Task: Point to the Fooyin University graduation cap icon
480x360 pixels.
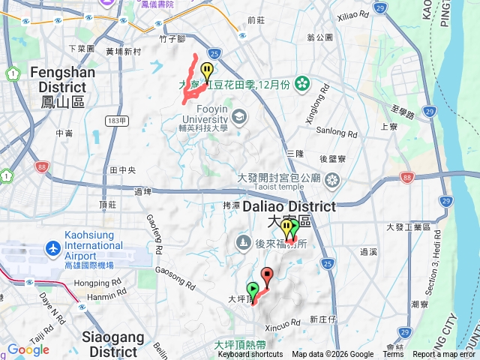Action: point(238,116)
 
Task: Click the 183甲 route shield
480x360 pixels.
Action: point(116,121)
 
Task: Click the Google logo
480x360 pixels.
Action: point(28,349)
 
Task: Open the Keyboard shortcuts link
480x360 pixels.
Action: point(250,355)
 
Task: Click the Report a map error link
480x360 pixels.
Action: point(444,355)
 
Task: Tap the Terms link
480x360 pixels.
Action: point(393,355)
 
